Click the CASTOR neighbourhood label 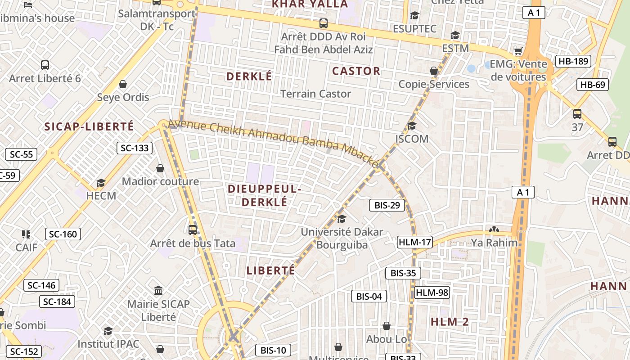coord(356,71)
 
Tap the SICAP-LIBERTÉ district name coord(89,127)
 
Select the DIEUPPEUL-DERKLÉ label coord(264,195)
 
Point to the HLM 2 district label coord(450,322)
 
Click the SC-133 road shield coord(135,148)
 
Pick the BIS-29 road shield coord(387,206)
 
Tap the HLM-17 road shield coord(414,243)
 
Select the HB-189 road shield coord(573,62)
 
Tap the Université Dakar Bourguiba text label coord(342,238)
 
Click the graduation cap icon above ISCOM coord(412,126)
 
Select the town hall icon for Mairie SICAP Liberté coord(158,290)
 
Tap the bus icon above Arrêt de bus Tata coord(193,230)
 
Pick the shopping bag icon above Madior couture coord(160,168)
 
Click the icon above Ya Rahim coord(494,229)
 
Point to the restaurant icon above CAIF coord(26,234)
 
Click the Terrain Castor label coord(315,94)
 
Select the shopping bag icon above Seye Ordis coord(123,84)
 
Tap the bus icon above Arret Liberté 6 coord(45,65)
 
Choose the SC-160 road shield coord(63,234)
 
